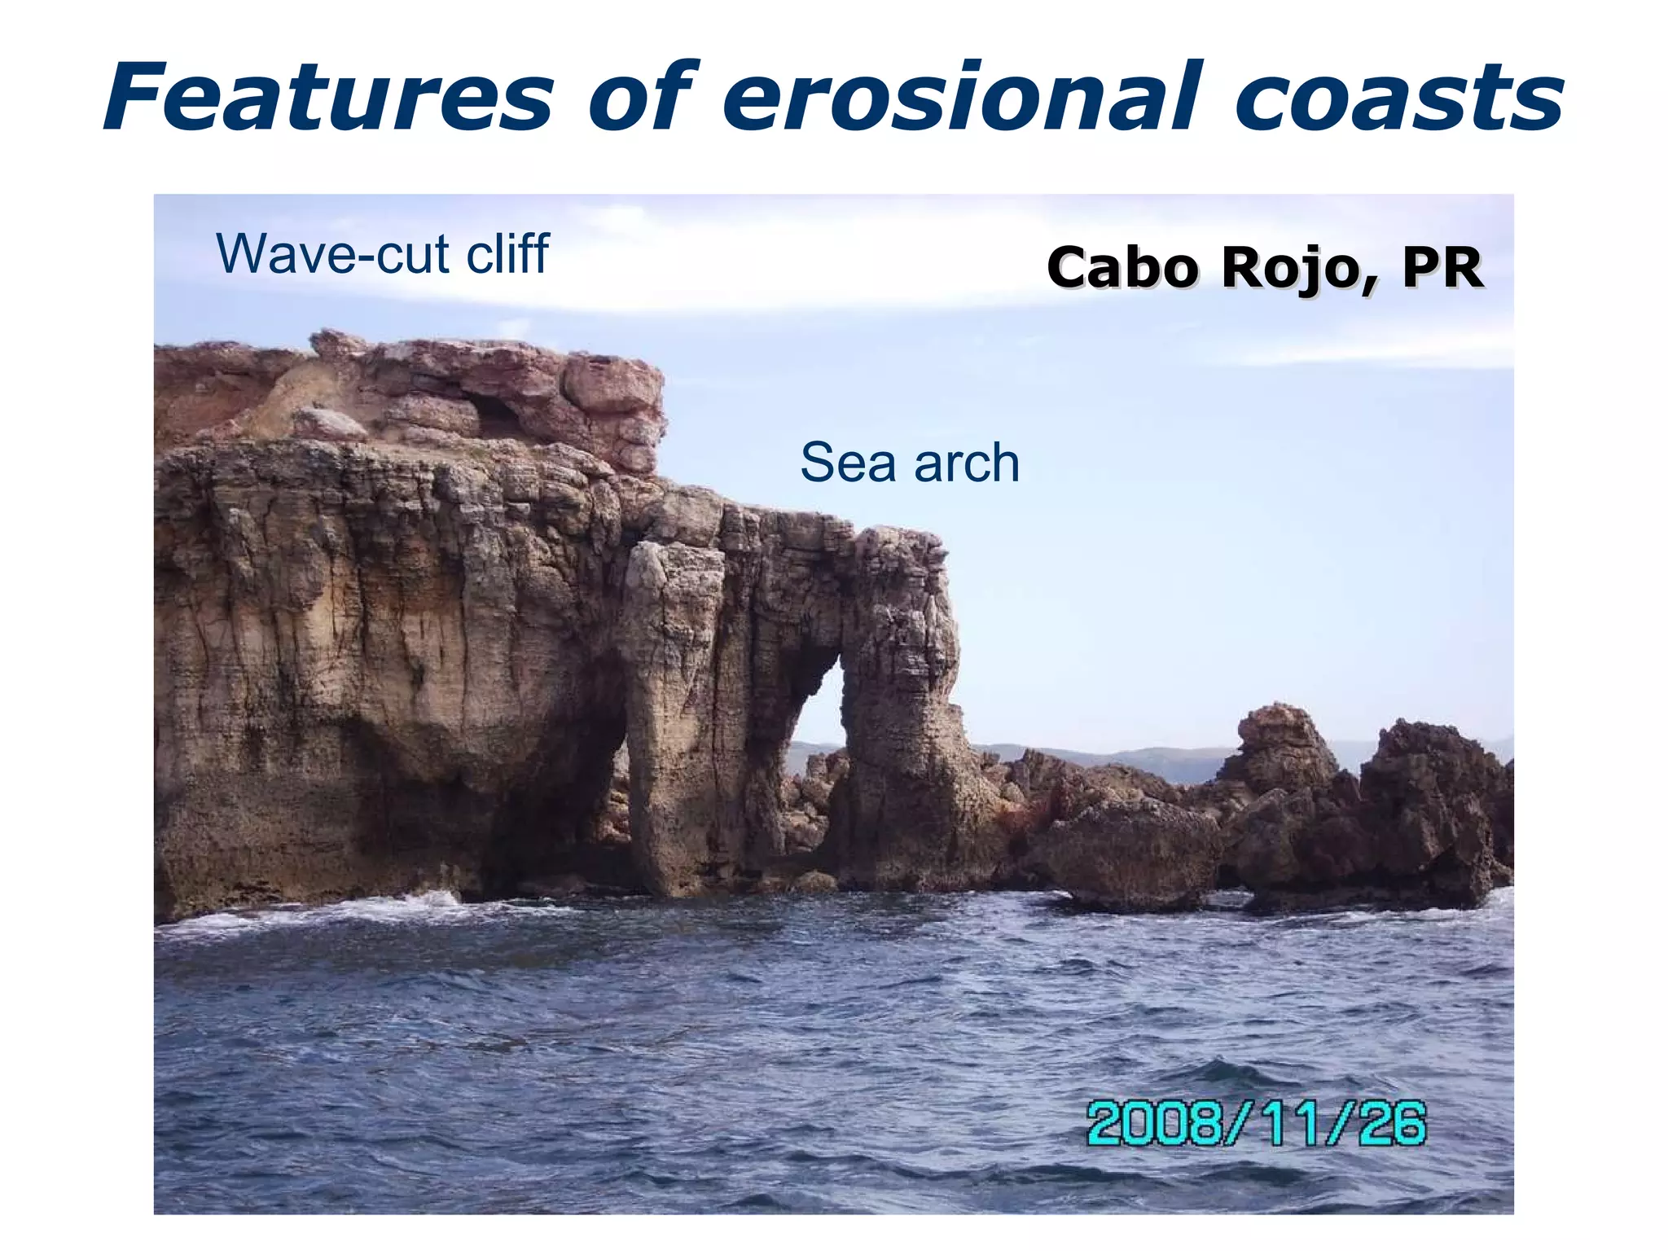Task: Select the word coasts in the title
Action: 1398,98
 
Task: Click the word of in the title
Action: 643,98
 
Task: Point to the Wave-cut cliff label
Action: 383,253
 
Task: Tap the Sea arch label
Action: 910,463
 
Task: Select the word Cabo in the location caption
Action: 1124,268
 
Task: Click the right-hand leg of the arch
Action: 896,733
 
